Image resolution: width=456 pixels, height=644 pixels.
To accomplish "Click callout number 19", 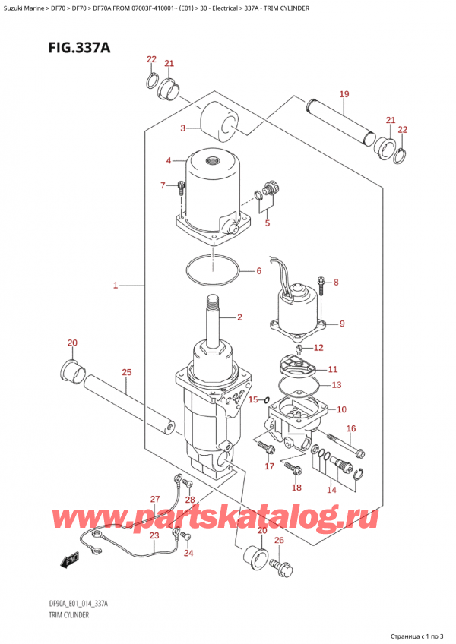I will pos(344,94).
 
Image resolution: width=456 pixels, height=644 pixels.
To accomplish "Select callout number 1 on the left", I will pos(116,286).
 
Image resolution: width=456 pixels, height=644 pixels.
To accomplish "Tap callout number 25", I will pos(126,371).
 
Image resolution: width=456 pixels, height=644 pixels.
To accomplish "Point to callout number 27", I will pos(155,499).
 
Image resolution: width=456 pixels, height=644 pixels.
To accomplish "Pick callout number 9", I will pos(342,324).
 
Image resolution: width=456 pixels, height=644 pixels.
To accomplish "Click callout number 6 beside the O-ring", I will pos(258,271).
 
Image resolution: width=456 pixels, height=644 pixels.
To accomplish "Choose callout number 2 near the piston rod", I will pos(239,317).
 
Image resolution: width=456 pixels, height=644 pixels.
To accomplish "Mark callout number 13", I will pos(336,384).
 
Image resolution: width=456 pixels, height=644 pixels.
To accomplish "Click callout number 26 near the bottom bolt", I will pos(278,540).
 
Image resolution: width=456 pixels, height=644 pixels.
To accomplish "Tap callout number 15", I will pos(254,400).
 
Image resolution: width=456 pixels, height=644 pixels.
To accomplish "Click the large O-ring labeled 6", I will pos(214,270).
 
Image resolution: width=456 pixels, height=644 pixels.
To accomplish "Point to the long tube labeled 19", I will pos(338,121).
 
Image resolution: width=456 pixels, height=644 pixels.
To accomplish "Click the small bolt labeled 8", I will pos(321,286).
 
